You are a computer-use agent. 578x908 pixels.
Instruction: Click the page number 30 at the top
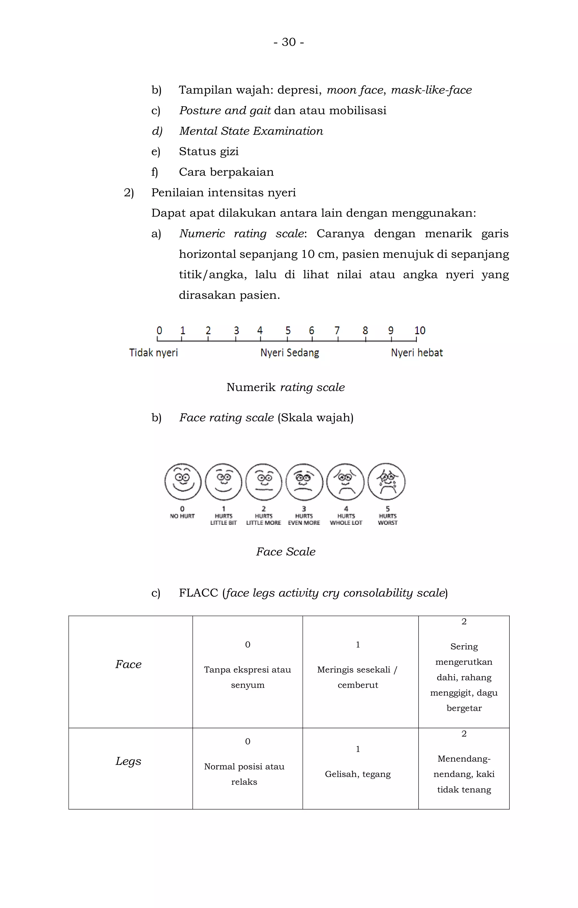289,42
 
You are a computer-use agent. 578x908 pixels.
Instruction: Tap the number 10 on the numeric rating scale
420,331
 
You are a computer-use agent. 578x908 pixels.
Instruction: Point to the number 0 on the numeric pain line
159,331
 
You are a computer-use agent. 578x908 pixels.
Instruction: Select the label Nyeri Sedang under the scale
290,353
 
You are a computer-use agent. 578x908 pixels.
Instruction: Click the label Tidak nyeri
153,353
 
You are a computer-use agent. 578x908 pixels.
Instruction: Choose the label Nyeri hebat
417,353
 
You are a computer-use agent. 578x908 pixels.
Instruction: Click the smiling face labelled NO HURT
183,482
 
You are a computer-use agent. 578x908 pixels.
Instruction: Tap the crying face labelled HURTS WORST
386,482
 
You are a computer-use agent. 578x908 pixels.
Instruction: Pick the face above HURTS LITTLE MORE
264,482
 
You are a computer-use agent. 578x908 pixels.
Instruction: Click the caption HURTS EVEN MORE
304,519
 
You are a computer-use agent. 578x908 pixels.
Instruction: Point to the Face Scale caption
286,552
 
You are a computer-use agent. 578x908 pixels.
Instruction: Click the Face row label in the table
128,664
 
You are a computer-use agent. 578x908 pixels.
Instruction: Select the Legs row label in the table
128,761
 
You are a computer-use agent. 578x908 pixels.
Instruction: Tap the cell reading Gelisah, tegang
358,774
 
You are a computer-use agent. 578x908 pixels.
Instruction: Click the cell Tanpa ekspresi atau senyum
248,677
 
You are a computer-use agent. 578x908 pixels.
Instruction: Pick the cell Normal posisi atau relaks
244,774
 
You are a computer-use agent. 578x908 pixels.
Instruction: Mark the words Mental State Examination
251,131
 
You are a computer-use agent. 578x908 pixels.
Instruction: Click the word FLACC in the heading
198,593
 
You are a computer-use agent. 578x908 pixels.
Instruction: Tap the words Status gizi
209,152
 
